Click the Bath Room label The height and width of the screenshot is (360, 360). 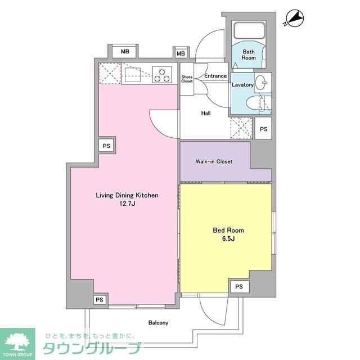coord(249,55)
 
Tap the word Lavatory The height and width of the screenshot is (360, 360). coord(242,85)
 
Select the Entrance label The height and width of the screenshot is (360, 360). coord(215,76)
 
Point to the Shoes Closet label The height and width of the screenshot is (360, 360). coord(187,79)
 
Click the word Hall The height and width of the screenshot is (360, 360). coord(206,113)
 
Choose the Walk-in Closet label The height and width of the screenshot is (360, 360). coord(214,162)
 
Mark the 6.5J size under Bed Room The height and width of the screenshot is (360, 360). coord(228,239)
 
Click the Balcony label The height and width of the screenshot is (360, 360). coord(158,323)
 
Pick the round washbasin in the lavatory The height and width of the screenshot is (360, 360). coord(262,83)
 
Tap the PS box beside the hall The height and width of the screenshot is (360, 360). coord(263,129)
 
